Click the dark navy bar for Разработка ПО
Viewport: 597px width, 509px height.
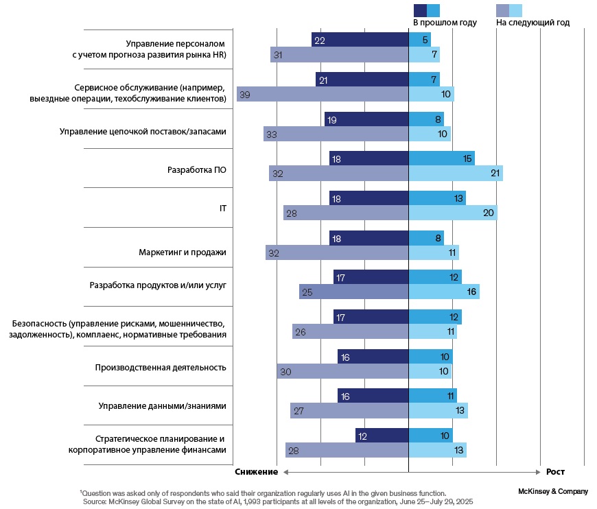(x=368, y=158)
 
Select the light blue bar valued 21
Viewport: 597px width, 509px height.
(x=456, y=174)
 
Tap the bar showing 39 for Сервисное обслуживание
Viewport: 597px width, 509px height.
(x=323, y=94)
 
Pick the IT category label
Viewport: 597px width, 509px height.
(x=222, y=206)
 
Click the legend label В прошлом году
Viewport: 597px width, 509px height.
(x=444, y=23)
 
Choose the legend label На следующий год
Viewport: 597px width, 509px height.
(x=532, y=23)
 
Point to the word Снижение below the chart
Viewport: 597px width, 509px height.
(x=256, y=472)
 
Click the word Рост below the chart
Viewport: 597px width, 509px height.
(x=555, y=472)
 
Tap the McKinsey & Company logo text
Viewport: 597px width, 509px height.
(x=554, y=491)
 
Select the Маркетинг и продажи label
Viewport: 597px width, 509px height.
(x=182, y=252)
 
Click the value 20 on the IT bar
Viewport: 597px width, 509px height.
(x=489, y=213)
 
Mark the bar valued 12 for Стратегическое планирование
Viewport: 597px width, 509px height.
(x=382, y=436)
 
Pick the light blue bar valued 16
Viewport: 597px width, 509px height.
(x=444, y=292)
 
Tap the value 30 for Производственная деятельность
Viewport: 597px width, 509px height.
(x=286, y=372)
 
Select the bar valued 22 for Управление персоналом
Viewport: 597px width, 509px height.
(x=360, y=40)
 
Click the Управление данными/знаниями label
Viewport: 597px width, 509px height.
(x=163, y=405)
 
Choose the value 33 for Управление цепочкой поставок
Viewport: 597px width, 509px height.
(x=271, y=134)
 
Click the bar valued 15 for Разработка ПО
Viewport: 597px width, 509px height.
(x=441, y=158)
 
